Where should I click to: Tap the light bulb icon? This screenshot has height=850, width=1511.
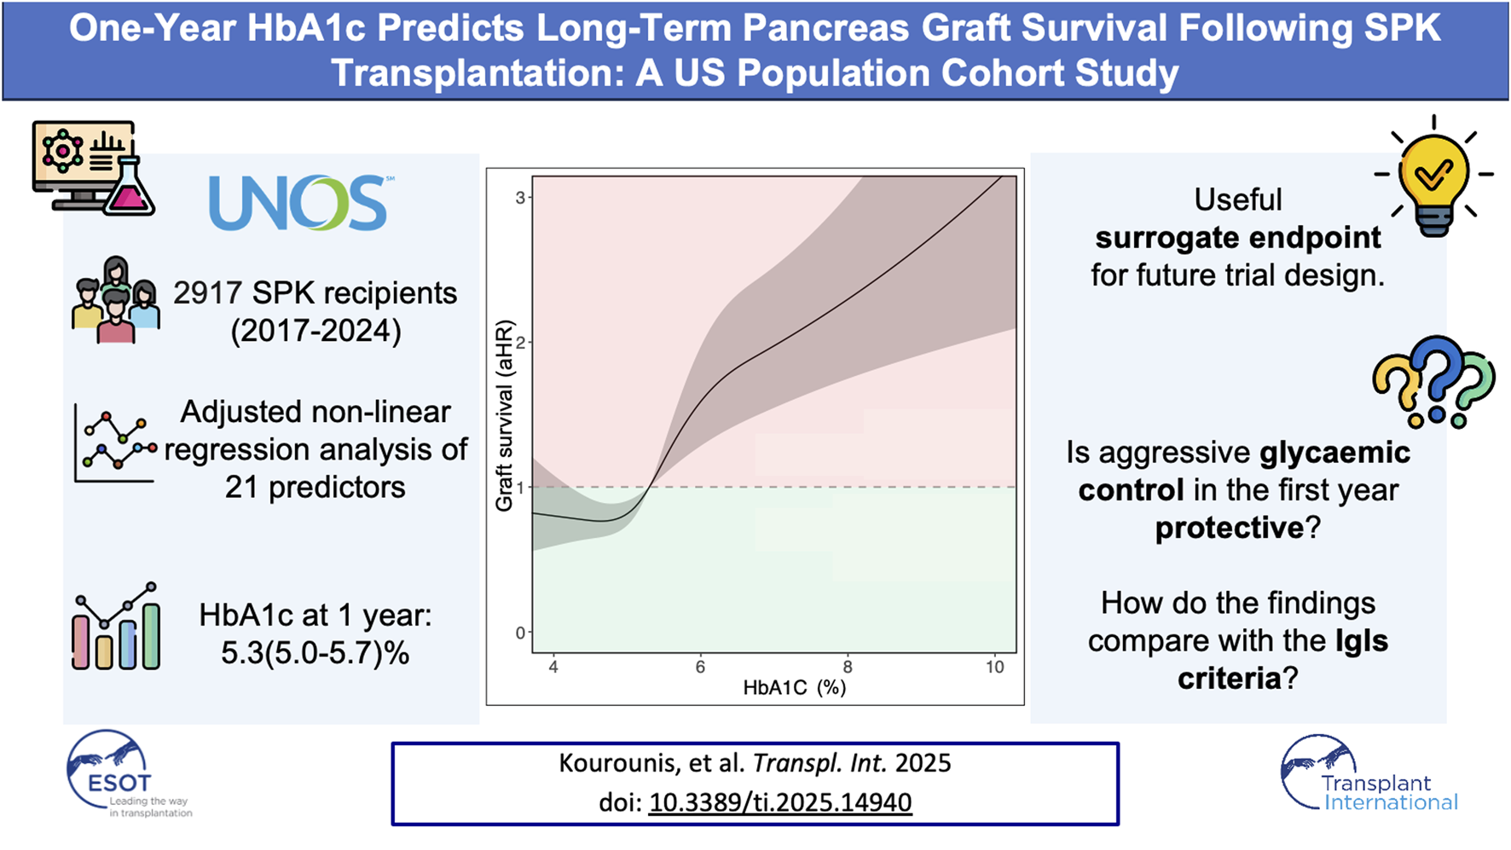tap(1433, 176)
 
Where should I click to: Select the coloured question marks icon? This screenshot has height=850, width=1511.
tap(1434, 381)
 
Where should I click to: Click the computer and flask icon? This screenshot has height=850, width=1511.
tap(93, 168)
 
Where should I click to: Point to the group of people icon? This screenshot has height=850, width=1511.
tap(115, 299)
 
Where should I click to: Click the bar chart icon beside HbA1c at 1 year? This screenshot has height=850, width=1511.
tap(116, 627)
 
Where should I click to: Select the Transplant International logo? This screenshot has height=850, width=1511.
tap(1369, 773)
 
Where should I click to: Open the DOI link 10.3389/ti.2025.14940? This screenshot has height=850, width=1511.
tap(780, 802)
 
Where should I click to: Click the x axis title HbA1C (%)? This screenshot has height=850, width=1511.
tap(794, 687)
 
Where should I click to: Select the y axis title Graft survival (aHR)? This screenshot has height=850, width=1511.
tap(504, 415)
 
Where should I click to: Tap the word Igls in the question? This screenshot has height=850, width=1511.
tap(1362, 640)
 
